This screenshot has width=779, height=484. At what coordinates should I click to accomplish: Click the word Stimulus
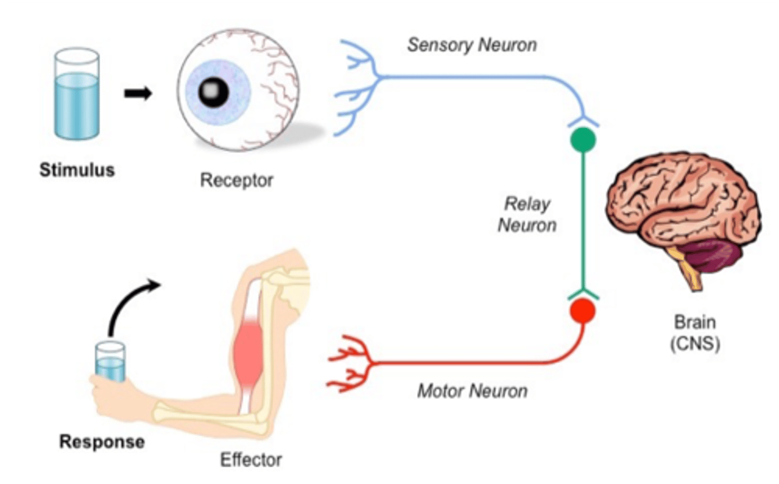(77, 170)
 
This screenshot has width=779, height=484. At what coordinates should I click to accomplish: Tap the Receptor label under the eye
(236, 180)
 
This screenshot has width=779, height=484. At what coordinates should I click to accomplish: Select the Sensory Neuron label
(472, 45)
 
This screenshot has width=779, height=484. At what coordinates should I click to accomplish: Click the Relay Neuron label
(527, 214)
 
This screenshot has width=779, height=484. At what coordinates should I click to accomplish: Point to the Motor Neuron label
(472, 390)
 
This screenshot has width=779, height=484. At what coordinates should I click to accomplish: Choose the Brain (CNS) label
(695, 333)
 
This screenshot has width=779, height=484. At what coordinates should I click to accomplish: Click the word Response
(102, 442)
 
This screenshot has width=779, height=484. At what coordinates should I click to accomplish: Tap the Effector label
(250, 460)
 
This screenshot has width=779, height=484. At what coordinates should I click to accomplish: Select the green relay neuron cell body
(583, 140)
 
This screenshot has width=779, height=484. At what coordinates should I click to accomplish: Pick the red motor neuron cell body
(583, 311)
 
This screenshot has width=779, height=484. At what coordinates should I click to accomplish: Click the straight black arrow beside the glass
(138, 94)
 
